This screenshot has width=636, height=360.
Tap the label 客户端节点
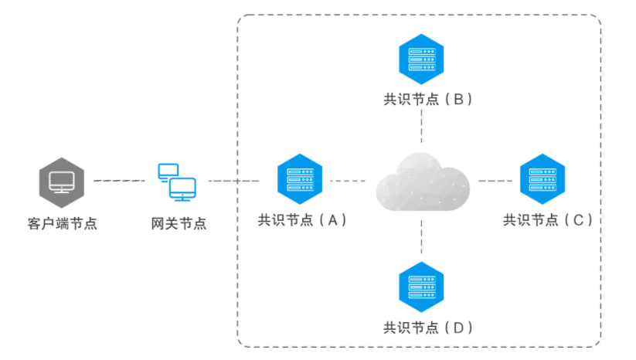pos(62,224)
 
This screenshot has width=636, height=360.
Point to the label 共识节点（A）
pos(302,219)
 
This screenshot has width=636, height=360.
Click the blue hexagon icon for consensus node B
pos(422,56)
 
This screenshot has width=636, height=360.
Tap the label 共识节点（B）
pos(427,99)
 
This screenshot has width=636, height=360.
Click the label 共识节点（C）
pos(547,219)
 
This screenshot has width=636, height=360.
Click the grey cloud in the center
pos(423,182)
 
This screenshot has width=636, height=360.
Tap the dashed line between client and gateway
pos(118,182)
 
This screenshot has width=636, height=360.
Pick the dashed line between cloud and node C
pos(495,182)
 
